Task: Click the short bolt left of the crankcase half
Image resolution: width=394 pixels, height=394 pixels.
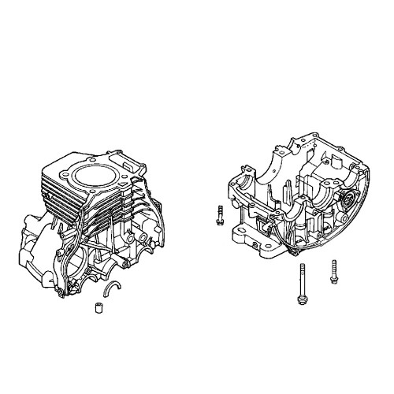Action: [x=220, y=214]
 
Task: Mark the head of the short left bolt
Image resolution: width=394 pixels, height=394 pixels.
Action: [x=220, y=221]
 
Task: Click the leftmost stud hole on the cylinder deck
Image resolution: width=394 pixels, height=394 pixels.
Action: [x=61, y=172]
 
